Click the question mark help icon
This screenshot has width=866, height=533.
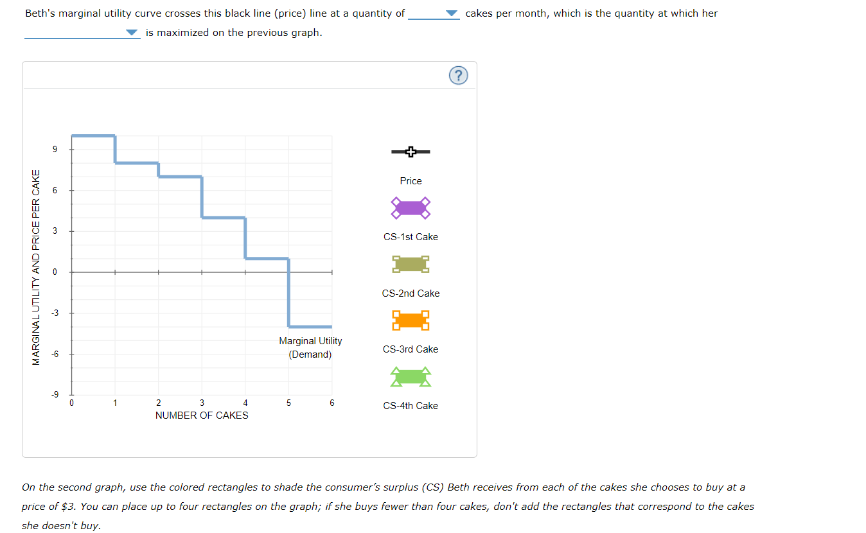coord(457,76)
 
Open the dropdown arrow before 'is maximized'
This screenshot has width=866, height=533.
coord(132,33)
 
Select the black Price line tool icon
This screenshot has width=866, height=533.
coord(411,152)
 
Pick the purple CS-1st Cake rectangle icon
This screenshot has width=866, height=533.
coord(411,207)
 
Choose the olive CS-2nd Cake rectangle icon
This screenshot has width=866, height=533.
coord(411,263)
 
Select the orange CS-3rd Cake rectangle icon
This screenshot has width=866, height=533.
coord(411,320)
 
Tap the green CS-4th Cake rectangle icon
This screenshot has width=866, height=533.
coord(411,376)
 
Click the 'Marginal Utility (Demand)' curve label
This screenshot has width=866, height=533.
coord(310,347)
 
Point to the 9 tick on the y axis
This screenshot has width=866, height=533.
coord(55,150)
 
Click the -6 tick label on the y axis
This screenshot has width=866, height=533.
coord(55,354)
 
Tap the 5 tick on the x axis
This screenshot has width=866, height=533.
coord(288,403)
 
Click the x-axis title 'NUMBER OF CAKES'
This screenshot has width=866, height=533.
coord(202,415)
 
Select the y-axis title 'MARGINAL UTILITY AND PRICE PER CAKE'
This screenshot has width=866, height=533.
coord(37,267)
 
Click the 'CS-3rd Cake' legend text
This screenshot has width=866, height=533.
coord(411,349)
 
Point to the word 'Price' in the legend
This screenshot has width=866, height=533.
coord(411,181)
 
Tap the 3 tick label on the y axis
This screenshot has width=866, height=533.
coord(55,231)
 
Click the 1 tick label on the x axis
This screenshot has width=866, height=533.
coord(115,403)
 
